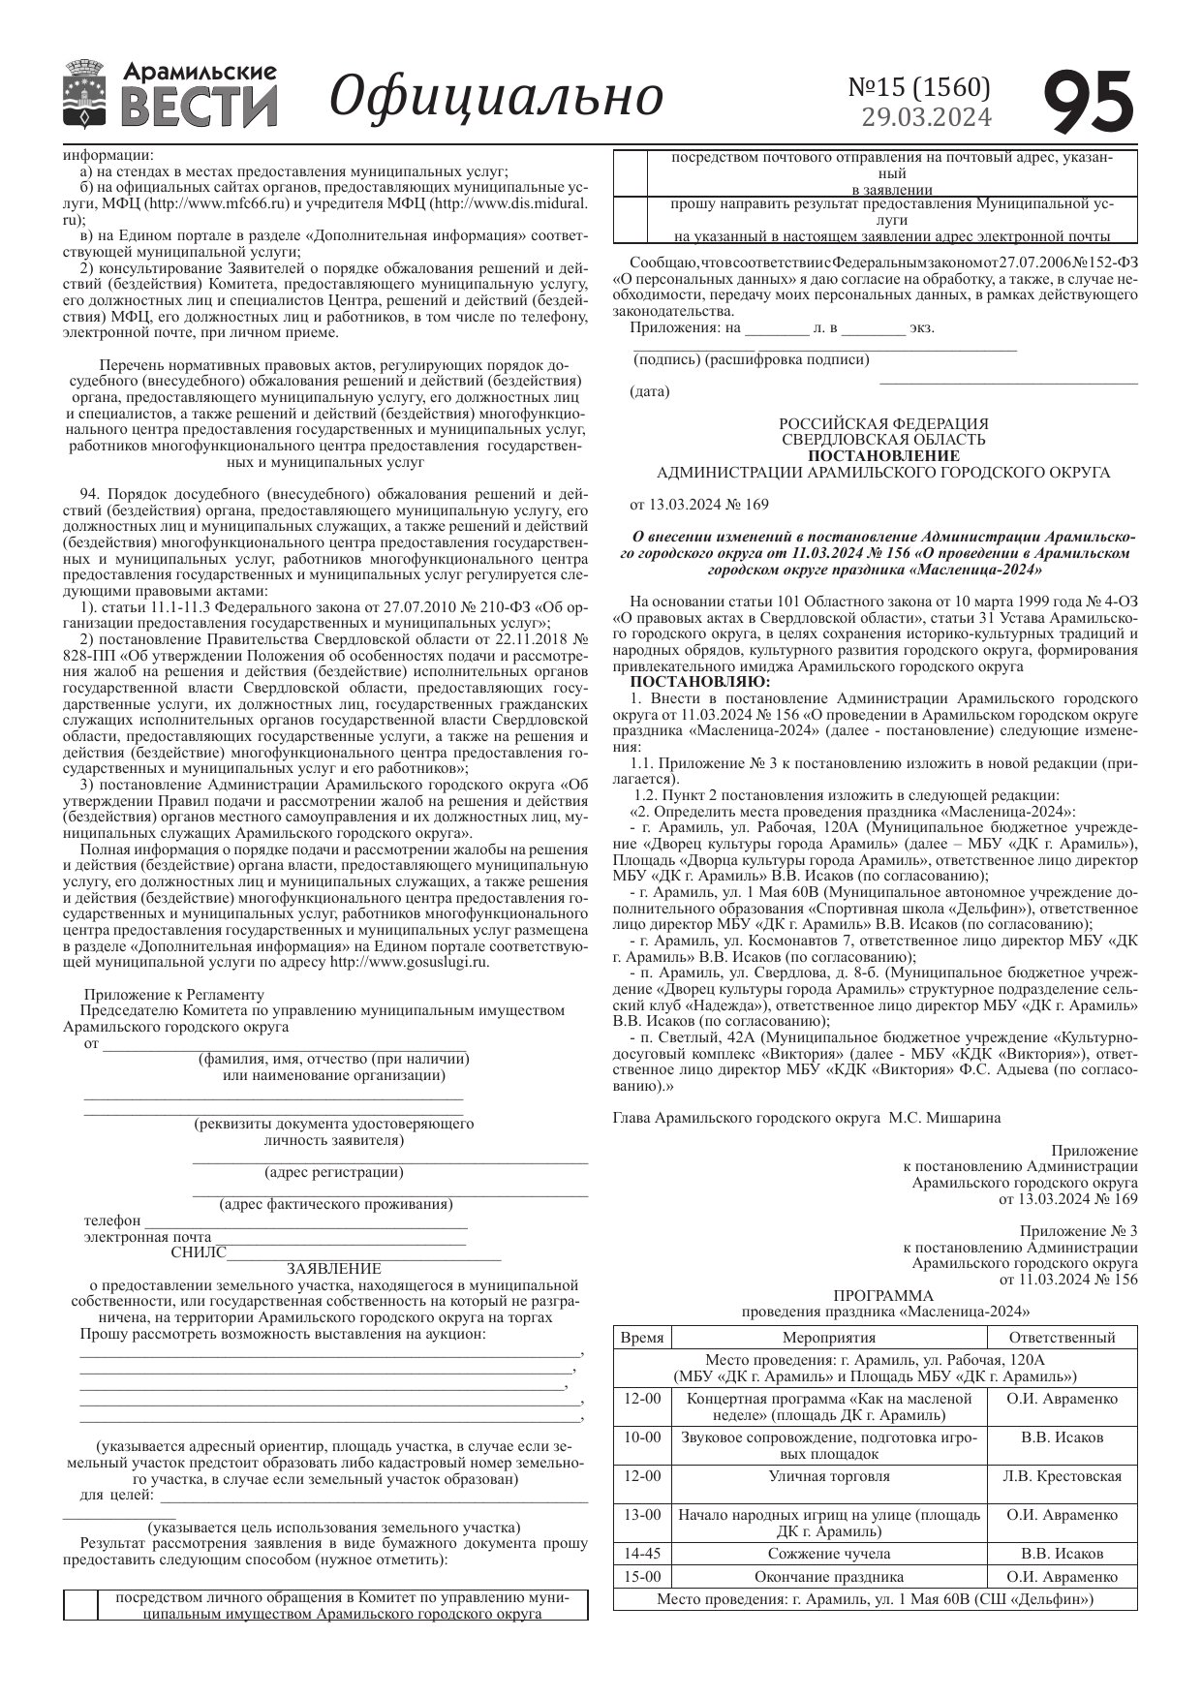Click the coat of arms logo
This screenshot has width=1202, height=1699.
pos(85,94)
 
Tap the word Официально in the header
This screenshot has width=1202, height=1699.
pos(496,96)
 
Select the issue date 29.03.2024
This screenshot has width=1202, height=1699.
pos(927,117)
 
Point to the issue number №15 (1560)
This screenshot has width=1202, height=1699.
pos(919,87)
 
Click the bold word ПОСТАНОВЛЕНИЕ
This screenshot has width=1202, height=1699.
pos(883,455)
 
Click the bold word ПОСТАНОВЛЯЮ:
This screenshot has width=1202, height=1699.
pos(687,682)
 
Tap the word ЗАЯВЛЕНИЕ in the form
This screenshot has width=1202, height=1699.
pos(333,1268)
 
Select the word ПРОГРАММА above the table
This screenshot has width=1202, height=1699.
pos(883,1295)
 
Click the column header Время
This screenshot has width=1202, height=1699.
pos(641,1338)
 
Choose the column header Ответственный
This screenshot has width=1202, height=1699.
pos(1062,1338)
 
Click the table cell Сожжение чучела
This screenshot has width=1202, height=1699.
pos(829,1554)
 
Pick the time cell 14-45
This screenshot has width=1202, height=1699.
pos(642,1554)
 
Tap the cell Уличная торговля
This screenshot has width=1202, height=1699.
pos(829,1476)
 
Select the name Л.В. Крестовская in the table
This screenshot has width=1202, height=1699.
pos(1062,1476)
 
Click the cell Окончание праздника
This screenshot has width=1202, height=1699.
pos(829,1577)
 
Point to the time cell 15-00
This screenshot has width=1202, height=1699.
pos(642,1577)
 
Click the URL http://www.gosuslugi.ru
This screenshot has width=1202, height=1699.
pos(409,962)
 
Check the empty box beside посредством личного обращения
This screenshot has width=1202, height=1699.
pos(80,1606)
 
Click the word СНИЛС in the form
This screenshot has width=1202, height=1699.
pos(198,1252)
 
